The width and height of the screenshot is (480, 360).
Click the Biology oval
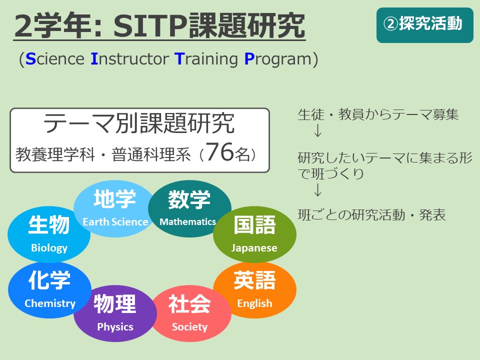(x=49, y=234)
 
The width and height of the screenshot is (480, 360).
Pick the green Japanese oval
(x=254, y=234)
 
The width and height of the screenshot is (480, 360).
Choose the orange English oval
(x=254, y=290)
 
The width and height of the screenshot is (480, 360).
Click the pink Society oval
(x=190, y=313)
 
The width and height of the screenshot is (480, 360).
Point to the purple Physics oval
(x=115, y=313)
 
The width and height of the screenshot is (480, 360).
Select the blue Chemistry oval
(x=49, y=290)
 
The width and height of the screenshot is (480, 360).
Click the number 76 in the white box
(x=220, y=152)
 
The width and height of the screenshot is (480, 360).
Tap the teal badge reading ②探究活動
(x=425, y=25)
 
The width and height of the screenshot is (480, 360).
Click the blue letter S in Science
(x=30, y=59)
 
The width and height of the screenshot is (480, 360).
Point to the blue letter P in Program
(x=249, y=59)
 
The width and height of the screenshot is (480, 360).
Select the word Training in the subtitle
(x=206, y=59)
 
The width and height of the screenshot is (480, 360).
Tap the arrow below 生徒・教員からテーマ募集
(x=318, y=130)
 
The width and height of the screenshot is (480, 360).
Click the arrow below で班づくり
(x=318, y=190)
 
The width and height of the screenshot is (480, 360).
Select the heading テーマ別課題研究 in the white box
(x=139, y=123)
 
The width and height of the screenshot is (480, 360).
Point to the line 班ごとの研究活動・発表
(x=371, y=214)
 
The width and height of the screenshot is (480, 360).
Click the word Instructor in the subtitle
(x=130, y=59)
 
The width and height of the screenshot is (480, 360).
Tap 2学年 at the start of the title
(x=53, y=26)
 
